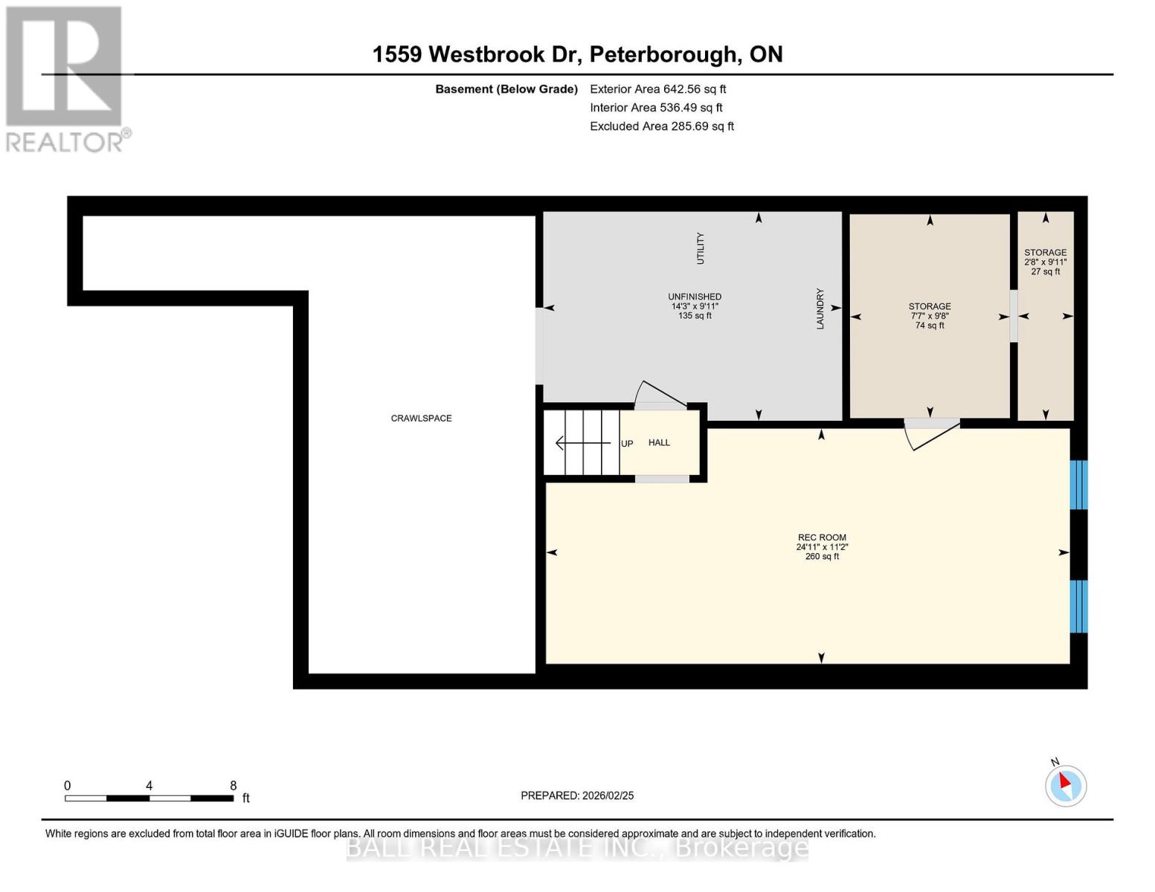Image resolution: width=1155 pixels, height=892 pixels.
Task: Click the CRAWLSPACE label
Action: pyautogui.click(x=421, y=418)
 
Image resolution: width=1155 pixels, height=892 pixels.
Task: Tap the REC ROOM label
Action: pyautogui.click(x=822, y=537)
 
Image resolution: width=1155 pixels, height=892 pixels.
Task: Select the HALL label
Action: pyautogui.click(x=659, y=443)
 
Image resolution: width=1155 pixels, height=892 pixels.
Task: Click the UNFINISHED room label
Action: pyautogui.click(x=695, y=297)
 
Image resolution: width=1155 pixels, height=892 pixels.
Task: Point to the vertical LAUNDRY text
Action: pyautogui.click(x=820, y=308)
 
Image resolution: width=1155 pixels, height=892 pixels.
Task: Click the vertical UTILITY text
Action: pyautogui.click(x=700, y=248)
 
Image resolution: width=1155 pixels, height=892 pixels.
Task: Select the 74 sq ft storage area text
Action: pyautogui.click(x=930, y=326)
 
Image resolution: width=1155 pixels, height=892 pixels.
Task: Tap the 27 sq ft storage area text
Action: pyautogui.click(x=1046, y=272)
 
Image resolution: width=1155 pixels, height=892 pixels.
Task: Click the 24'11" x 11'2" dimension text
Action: pyautogui.click(x=822, y=547)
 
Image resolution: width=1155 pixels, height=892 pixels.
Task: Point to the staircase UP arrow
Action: pyautogui.click(x=583, y=444)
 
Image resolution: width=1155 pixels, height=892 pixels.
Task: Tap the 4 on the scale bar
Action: pyautogui.click(x=149, y=786)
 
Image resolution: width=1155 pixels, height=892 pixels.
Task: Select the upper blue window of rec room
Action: pyautogui.click(x=1078, y=485)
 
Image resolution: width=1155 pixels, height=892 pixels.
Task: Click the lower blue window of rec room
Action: pyautogui.click(x=1078, y=606)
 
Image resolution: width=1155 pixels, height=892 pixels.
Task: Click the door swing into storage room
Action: pyautogui.click(x=930, y=434)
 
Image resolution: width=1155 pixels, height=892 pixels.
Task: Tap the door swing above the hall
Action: pyautogui.click(x=658, y=395)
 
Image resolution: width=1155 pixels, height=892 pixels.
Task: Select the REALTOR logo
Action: pyautogui.click(x=65, y=78)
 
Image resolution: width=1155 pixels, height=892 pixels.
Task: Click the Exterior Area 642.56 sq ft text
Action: pyautogui.click(x=657, y=89)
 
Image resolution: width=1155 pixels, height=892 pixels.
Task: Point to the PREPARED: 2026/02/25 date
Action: pyautogui.click(x=577, y=795)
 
